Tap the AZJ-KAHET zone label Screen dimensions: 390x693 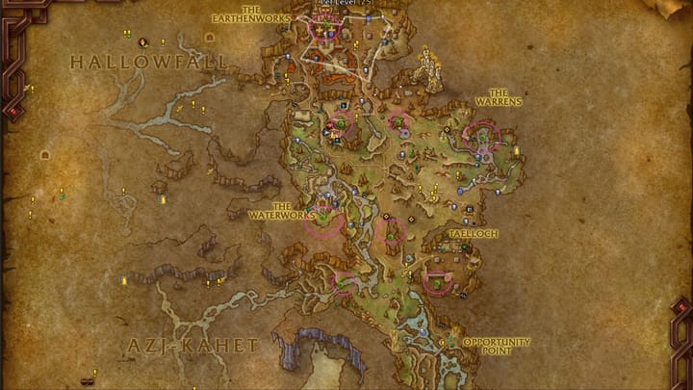pyautogui.click(x=193, y=345)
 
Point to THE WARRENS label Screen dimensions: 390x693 pyautogui.click(x=499, y=98)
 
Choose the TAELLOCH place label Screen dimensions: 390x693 pyautogui.click(x=471, y=234)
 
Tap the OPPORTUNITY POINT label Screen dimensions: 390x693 pyautogui.click(x=497, y=346)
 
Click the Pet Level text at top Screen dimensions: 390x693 pyautogui.click(x=346, y=4)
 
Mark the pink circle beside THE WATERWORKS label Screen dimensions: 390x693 pyautogui.click(x=324, y=221)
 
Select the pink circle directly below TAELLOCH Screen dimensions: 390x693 pyautogui.click(x=438, y=282)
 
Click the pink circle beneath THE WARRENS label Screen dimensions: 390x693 pyautogui.click(x=480, y=136)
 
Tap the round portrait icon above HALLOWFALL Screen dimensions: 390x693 pyautogui.click(x=142, y=42)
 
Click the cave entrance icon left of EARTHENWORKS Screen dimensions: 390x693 pyautogui.click(x=209, y=38)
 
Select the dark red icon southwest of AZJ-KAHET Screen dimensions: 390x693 pyautogui.click(x=88, y=380)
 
